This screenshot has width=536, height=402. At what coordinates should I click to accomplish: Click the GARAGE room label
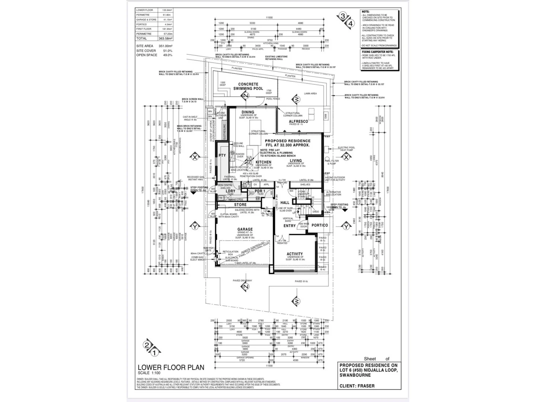pyautogui.click(x=245, y=229)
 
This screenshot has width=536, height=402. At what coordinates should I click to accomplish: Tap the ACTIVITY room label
pyautogui.click(x=294, y=254)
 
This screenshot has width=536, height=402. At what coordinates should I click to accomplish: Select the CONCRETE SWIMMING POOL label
pyautogui.click(x=248, y=86)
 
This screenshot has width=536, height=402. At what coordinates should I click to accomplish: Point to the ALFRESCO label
pyautogui.click(x=299, y=121)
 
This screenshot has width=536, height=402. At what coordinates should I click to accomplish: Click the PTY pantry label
pyautogui.click(x=222, y=156)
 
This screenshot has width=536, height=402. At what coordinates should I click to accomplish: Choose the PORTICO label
pyautogui.click(x=320, y=225)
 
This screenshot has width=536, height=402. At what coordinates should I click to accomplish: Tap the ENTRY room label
pyautogui.click(x=290, y=226)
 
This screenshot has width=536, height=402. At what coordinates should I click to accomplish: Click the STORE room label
pyautogui.click(x=240, y=205)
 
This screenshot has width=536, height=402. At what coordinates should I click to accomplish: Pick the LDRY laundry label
pyautogui.click(x=230, y=191)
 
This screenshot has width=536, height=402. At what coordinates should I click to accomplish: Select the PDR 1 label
pyautogui.click(x=260, y=191)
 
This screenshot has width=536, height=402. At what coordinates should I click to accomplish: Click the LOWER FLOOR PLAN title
pyautogui.click(x=171, y=367)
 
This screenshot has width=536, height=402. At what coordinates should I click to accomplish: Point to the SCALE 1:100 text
pyautogui.click(x=149, y=373)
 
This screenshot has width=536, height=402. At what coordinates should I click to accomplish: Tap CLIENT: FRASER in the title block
pyautogui.click(x=357, y=386)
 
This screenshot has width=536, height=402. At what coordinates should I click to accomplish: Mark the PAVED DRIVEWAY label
pyautogui.click(x=242, y=281)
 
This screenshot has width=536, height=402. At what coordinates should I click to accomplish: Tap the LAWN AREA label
pyautogui.click(x=310, y=93)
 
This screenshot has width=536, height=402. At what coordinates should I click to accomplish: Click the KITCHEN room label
pyautogui.click(x=263, y=162)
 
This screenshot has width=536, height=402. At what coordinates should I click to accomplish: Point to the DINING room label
pyautogui.click(x=248, y=112)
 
